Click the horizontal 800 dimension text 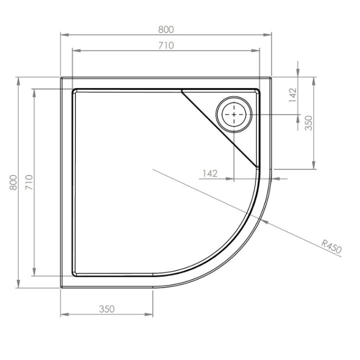pyautogui.click(x=166, y=29)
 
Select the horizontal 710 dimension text pyautogui.click(x=166, y=45)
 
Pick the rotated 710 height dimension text pyautogui.click(x=29, y=182)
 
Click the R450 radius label pyautogui.click(x=331, y=247)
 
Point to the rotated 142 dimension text pyautogui.click(x=293, y=94)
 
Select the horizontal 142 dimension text pyautogui.click(x=210, y=173)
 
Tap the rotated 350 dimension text pyautogui.click(x=309, y=122)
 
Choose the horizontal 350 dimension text pyautogui.click(x=106, y=309)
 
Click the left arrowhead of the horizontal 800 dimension pyautogui.click(x=63, y=35)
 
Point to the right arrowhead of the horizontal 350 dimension pyautogui.click(x=150, y=314)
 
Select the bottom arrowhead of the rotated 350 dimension pyautogui.click(x=314, y=167)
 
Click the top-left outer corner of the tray pyautogui.click(x=61, y=77)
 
